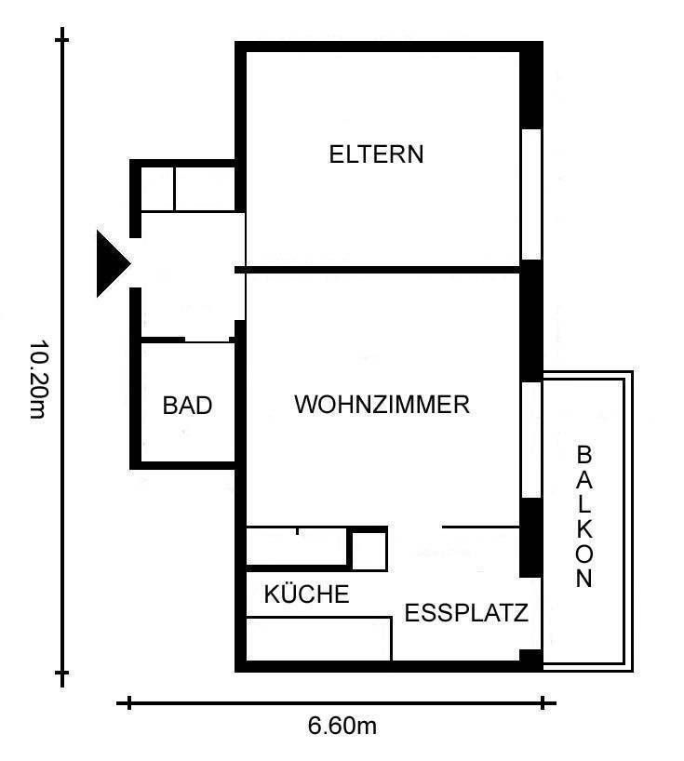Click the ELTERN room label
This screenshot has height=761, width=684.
[376, 154]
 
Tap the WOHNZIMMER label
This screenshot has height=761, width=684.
[382, 405]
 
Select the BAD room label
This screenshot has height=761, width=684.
[187, 406]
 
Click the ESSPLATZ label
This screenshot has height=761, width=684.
[466, 613]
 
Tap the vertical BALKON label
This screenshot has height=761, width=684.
[584, 516]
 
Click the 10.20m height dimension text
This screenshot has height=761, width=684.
[39, 380]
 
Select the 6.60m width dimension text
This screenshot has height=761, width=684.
[342, 726]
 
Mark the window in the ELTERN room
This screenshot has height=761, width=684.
[531, 194]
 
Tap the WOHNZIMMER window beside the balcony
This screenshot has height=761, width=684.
[531, 440]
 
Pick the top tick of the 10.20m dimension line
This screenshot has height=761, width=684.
[62, 39]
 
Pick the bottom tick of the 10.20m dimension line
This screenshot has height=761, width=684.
[62, 674]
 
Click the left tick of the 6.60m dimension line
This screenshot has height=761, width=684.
[129, 702]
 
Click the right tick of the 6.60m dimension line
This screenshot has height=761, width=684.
[543, 702]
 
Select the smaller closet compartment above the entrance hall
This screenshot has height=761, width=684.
[157, 189]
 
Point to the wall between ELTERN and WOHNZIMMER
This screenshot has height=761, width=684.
[378, 270]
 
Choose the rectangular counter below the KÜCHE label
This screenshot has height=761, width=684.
[319, 639]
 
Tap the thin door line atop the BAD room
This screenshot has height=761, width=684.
[208, 342]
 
